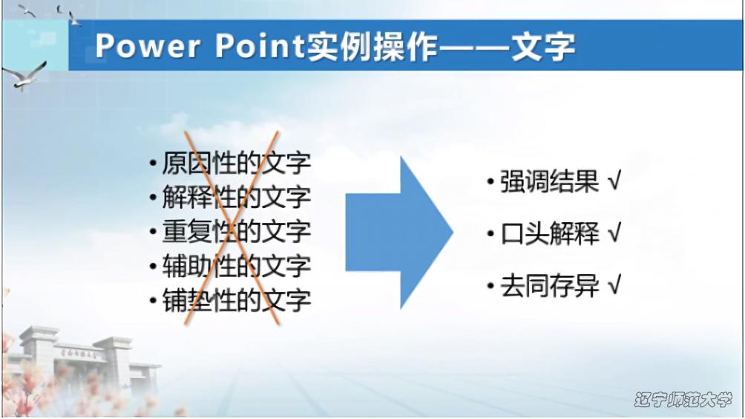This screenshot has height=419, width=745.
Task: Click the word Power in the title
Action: coord(147,46)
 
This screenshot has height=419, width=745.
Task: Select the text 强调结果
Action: coord(549,182)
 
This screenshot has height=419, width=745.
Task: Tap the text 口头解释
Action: coord(549,233)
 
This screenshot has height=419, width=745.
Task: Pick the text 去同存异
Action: coord(549,286)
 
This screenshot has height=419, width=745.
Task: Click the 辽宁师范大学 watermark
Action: coord(683,400)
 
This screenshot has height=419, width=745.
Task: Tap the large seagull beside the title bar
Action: coord(24,76)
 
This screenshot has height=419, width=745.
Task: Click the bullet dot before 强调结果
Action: coord(490,182)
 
